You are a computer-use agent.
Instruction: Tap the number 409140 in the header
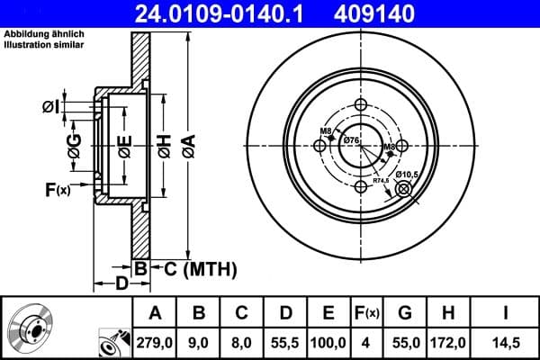click(x=401, y=13)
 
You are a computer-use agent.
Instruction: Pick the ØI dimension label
click(x=50, y=107)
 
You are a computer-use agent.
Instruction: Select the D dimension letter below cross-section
click(x=121, y=284)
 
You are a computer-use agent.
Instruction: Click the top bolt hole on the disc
click(x=361, y=105)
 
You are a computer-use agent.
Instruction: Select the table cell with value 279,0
click(x=155, y=343)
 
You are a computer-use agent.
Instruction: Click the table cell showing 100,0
click(x=328, y=343)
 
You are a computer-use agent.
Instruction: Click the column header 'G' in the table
click(x=405, y=313)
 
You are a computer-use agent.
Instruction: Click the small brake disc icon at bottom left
click(x=27, y=328)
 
